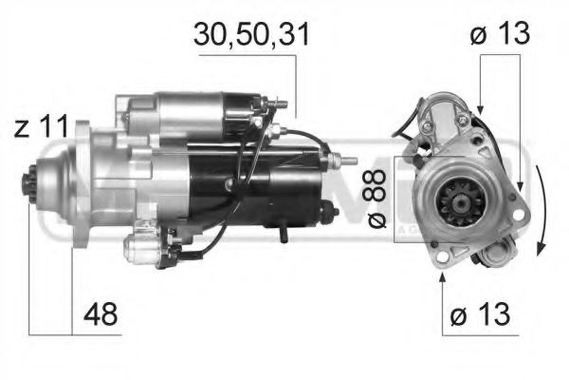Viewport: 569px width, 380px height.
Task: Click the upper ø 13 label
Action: pyautogui.click(x=498, y=35)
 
